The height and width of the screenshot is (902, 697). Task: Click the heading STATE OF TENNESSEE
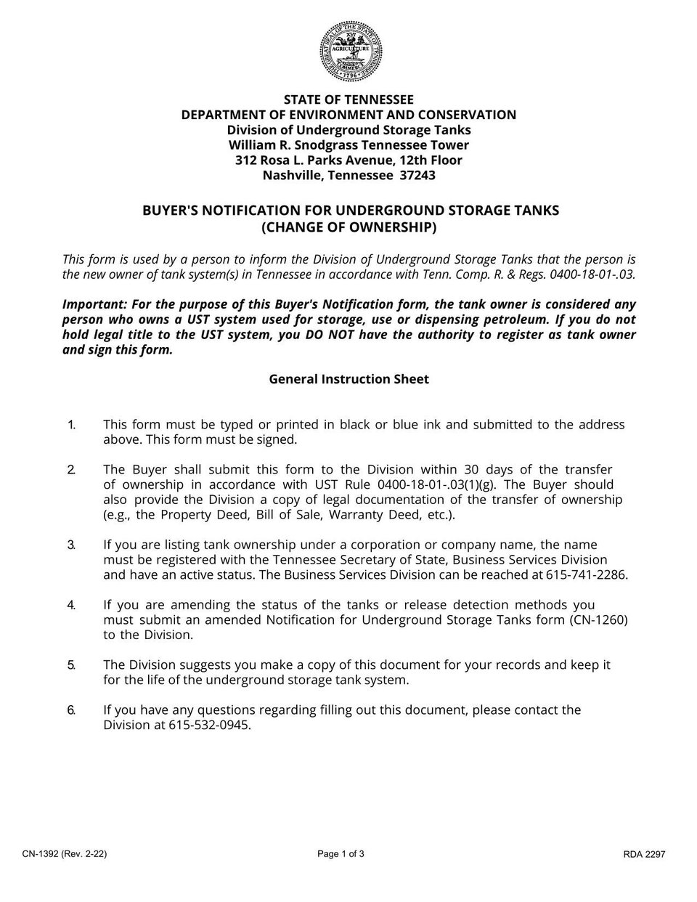[348, 99]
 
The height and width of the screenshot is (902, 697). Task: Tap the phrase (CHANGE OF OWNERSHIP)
[348, 228]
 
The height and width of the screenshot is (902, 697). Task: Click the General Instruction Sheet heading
[348, 379]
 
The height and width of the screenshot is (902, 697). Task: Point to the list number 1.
[71, 425]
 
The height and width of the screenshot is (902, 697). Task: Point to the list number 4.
[71, 605]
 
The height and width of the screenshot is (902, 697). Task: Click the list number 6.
[71, 710]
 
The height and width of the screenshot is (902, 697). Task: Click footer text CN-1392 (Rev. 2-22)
[65, 855]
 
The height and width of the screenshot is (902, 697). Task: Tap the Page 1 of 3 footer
[341, 854]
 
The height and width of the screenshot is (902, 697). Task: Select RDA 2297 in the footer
[644, 855]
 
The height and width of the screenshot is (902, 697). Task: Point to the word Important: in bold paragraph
[93, 304]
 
